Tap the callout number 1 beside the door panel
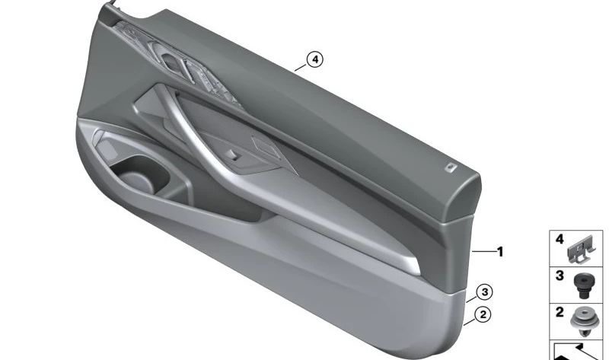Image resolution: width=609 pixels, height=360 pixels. (x=500, y=250)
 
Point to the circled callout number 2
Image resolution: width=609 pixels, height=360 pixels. (x=480, y=314)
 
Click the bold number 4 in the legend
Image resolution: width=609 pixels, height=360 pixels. (x=559, y=240)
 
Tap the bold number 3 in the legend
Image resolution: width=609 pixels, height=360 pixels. (x=559, y=276)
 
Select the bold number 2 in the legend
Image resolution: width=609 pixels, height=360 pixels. (x=559, y=311)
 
